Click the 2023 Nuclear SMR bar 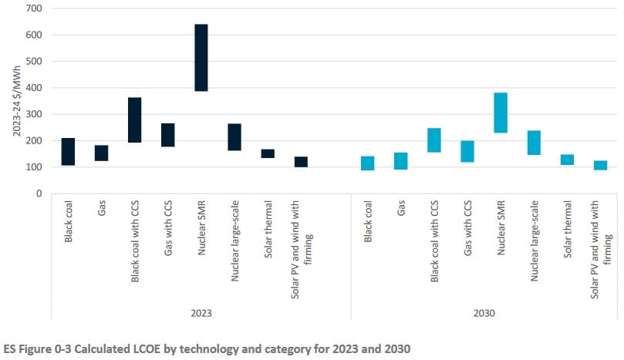coord(201,69)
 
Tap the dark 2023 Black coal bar coord(68,152)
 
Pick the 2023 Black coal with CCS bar coord(134,120)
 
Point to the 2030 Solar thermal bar coord(567,160)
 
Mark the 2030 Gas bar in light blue coord(401,160)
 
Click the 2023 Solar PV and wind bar coord(301,162)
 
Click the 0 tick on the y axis coord(39,193)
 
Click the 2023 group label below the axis coord(201,314)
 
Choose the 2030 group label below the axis coord(484,314)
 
